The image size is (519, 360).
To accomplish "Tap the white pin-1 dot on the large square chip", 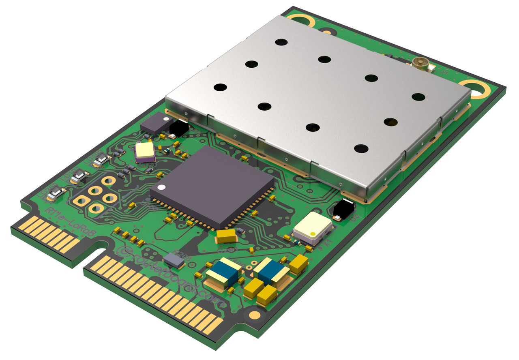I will [x=162, y=188].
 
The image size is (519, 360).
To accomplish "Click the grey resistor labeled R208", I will [x=174, y=260].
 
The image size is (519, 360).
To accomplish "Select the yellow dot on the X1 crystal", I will [x=313, y=234].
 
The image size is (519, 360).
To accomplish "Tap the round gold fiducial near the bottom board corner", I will [x=254, y=315].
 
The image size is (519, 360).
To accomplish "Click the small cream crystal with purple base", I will [x=145, y=151].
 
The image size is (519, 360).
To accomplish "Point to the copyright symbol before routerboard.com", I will [x=122, y=251].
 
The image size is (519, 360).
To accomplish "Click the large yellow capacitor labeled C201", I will [x=226, y=236].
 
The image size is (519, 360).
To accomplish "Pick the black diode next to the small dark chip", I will [x=178, y=129].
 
